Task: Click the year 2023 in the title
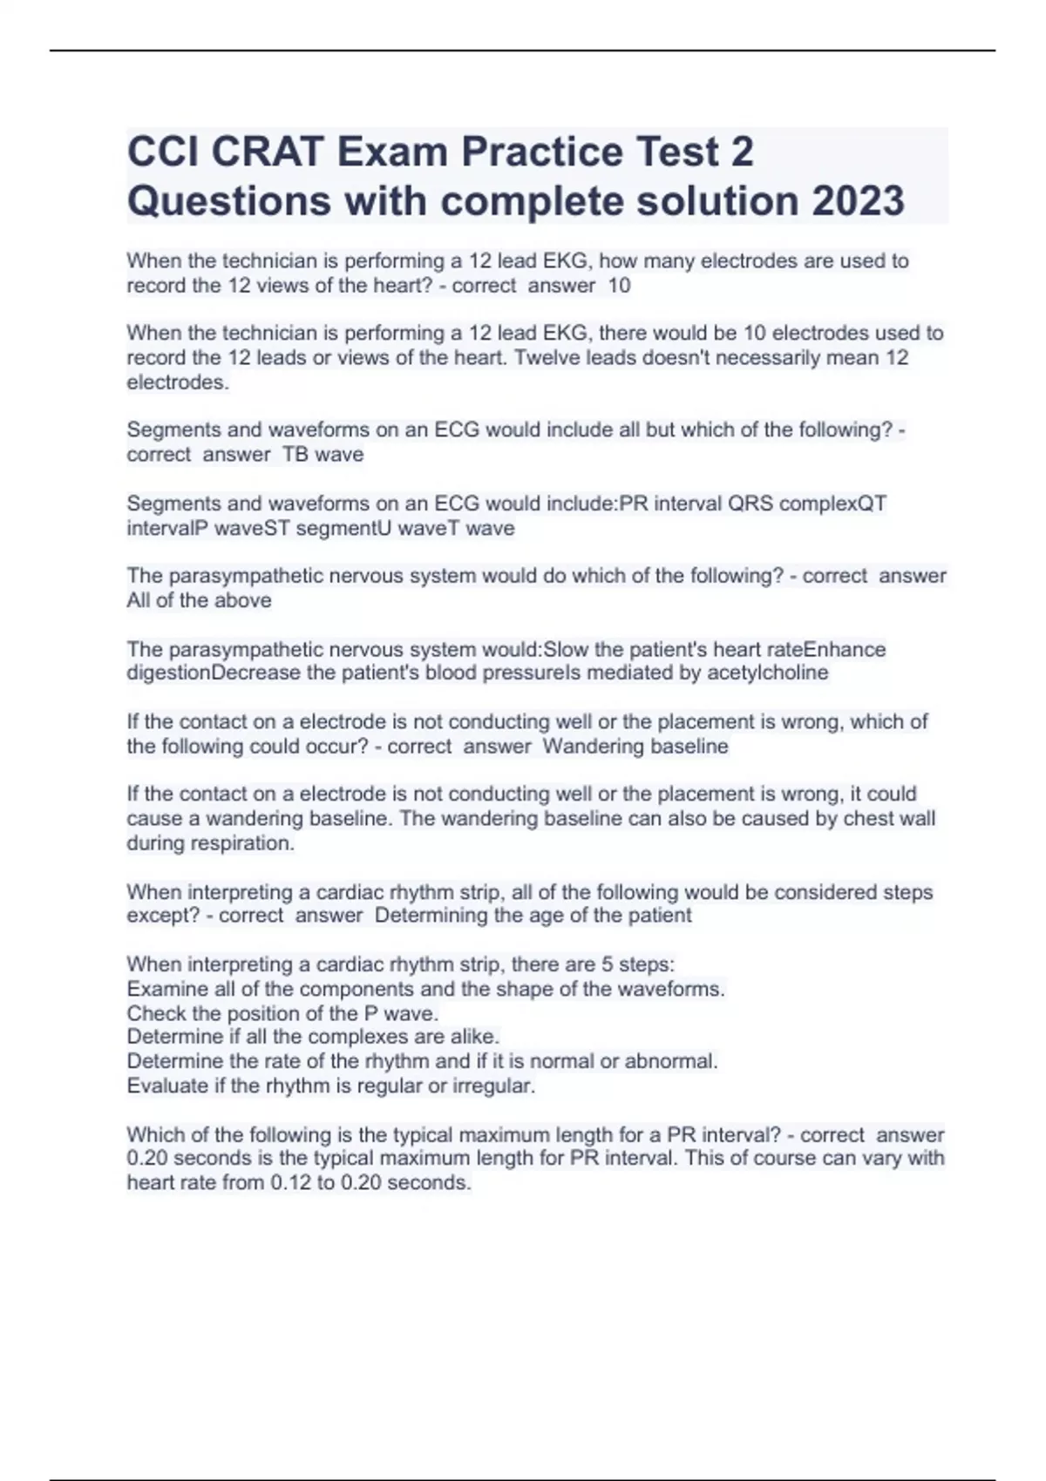(858, 200)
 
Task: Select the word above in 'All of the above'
(242, 600)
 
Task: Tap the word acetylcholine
(767, 673)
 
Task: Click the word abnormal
(676, 1061)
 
